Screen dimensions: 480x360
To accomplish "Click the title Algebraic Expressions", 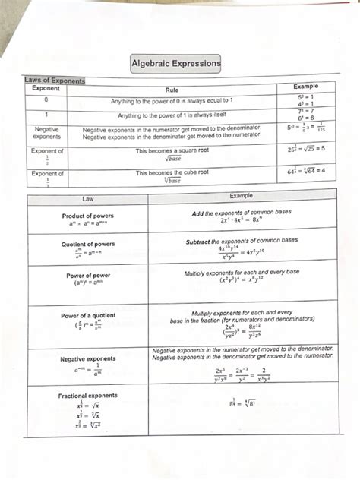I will tap(176, 64).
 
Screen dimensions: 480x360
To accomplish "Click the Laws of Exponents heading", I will tap(55, 80).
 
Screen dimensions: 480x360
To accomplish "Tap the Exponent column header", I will tap(46, 89).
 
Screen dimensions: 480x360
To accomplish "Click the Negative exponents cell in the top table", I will tap(47, 133).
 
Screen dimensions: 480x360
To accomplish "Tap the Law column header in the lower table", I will tap(88, 197).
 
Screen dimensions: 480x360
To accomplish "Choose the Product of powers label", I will tap(88, 216).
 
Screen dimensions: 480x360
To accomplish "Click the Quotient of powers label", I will tap(88, 245).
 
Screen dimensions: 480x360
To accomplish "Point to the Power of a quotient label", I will tap(89, 315).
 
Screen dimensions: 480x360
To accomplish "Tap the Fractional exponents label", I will tap(88, 396).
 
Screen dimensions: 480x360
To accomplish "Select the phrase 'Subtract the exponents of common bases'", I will tap(242, 241).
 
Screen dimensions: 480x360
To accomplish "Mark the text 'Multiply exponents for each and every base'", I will tap(242, 272).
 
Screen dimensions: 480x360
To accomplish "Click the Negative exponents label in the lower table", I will tap(88, 358).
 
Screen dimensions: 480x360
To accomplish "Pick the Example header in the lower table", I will tap(241, 196).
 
